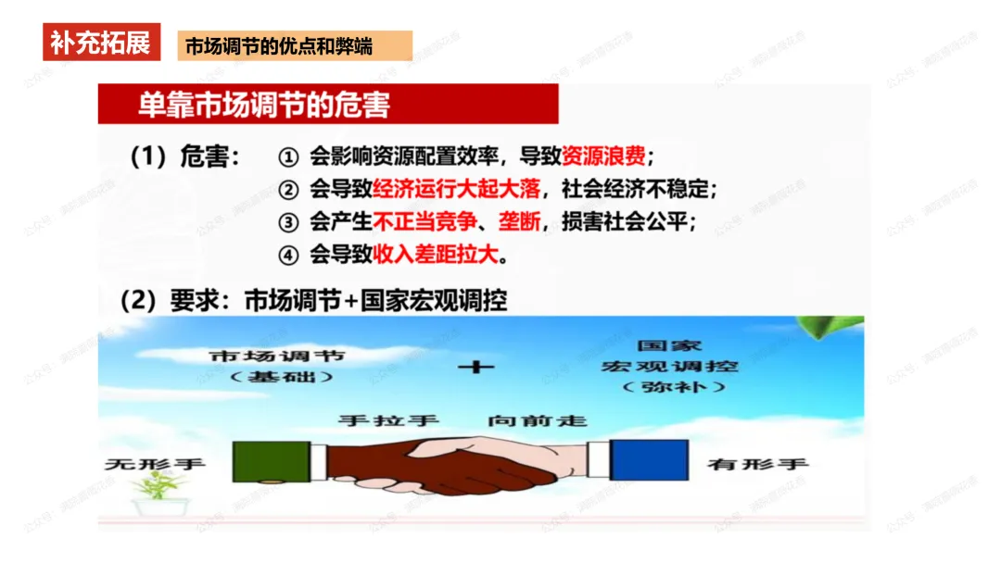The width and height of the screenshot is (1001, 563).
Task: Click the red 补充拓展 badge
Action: click(101, 43)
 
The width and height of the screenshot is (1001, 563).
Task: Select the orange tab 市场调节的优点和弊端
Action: click(294, 45)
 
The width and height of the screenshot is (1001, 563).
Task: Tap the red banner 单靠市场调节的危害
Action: click(328, 104)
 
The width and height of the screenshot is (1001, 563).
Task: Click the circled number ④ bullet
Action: click(288, 255)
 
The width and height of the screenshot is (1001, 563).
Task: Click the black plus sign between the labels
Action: click(476, 367)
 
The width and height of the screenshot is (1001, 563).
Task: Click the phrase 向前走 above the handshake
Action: click(538, 420)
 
